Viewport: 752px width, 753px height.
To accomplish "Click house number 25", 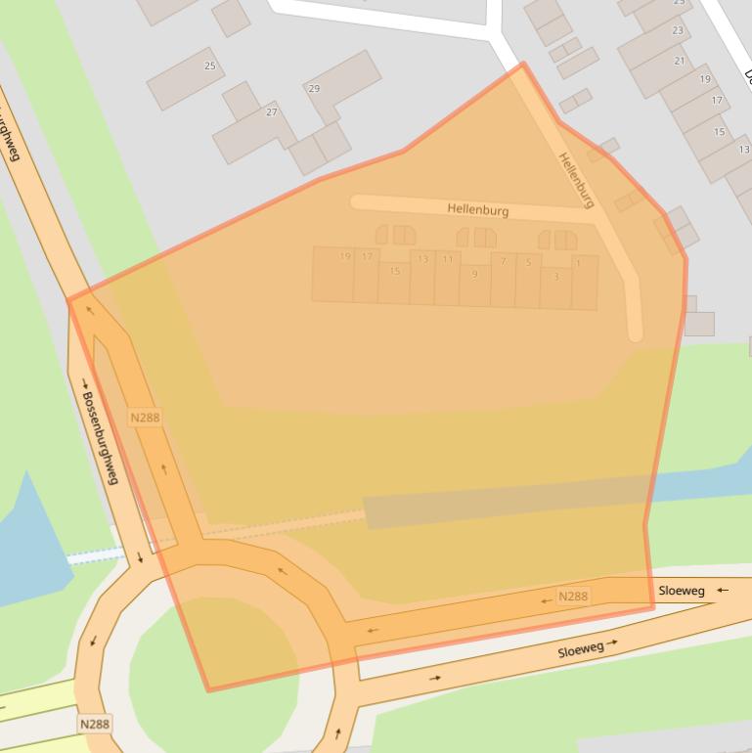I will [210, 66].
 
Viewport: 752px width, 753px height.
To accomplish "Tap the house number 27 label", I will [272, 112].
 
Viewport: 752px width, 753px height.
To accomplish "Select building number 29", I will [314, 89].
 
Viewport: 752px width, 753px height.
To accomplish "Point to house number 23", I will [678, 30].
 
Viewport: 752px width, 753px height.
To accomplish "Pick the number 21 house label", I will [680, 61].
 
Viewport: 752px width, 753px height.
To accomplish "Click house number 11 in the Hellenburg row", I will [448, 259].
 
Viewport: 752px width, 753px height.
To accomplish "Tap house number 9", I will [475, 274].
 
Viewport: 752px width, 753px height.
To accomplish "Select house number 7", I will [503, 261].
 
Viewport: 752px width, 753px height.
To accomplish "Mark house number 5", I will [528, 262].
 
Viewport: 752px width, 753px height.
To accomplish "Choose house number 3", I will [556, 277].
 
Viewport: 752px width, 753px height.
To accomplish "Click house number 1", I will [579, 263].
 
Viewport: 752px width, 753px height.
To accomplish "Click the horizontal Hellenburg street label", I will [478, 209].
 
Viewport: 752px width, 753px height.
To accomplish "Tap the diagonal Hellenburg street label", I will [576, 180].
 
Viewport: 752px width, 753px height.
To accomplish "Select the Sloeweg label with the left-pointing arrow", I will [682, 591].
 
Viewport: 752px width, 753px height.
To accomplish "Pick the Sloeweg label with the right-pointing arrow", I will [581, 650].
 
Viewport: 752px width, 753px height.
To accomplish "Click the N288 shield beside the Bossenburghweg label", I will [145, 418].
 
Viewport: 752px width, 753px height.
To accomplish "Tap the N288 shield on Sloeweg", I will [573, 596].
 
